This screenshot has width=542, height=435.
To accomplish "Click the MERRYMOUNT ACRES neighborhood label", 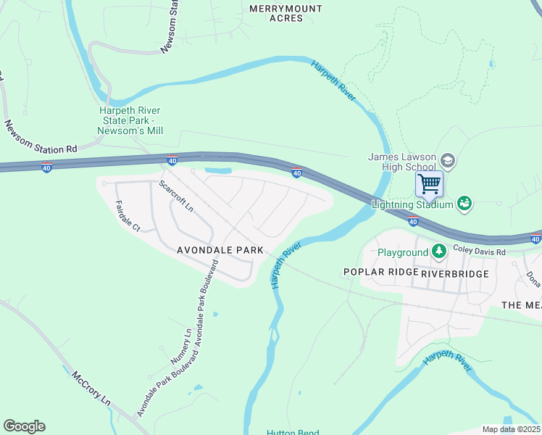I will (x=275, y=13).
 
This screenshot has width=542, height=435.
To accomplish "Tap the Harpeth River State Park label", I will (x=131, y=120).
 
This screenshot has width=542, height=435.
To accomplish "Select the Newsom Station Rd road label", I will (x=41, y=137).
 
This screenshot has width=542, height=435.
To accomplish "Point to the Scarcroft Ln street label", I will (x=177, y=196).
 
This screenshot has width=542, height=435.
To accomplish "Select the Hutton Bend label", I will (x=293, y=433).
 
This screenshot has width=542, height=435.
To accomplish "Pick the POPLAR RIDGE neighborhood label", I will (x=381, y=272).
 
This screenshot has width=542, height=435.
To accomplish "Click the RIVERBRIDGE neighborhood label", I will (x=454, y=273).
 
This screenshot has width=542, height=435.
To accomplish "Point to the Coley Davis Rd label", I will (x=479, y=249).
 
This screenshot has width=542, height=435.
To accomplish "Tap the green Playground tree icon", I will (x=438, y=252).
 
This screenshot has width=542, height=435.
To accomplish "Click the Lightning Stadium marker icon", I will (x=464, y=204).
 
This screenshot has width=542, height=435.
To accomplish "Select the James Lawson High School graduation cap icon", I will (x=447, y=161).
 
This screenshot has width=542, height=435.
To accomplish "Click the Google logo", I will (x=24, y=426).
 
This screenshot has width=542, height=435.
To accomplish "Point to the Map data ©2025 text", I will (x=511, y=429).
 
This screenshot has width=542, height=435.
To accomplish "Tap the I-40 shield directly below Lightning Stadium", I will (x=412, y=220).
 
